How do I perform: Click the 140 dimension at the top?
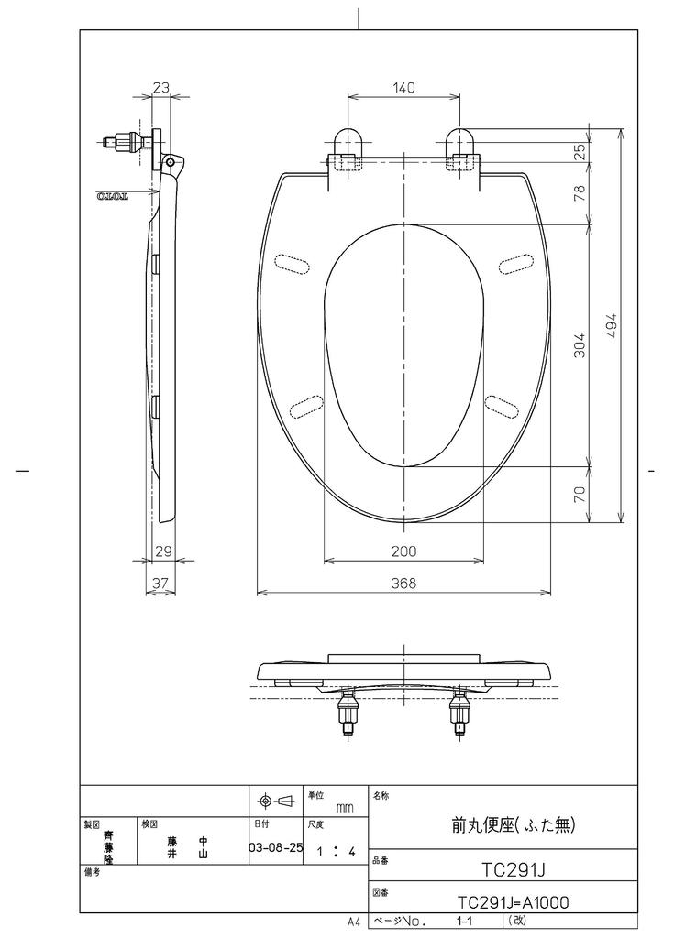403,88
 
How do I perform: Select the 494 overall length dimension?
613,326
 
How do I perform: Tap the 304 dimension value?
580,344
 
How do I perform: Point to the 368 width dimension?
403,583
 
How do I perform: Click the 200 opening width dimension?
403,551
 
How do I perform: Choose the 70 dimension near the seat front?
580,495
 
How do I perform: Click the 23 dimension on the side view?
161,88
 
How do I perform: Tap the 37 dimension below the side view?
160,583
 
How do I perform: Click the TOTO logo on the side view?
115,196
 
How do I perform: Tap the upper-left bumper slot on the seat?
292,263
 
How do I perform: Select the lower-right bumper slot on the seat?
503,403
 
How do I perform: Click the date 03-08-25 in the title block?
275,847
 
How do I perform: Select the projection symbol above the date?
275,802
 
